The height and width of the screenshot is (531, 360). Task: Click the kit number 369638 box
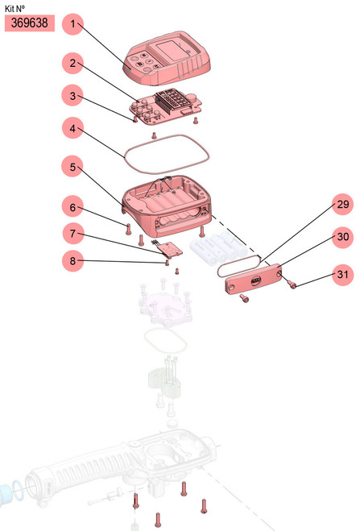coord(30,23)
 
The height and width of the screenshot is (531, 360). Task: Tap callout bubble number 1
coord(72,24)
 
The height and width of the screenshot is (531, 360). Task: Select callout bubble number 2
coord(72,63)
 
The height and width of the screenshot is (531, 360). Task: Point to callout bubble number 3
coord(72,96)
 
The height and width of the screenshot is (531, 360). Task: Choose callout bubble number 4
coord(72,128)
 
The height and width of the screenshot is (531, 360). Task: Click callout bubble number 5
coord(72,167)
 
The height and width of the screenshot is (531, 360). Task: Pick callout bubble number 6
coord(72,206)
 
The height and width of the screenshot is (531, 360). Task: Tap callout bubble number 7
coord(72,234)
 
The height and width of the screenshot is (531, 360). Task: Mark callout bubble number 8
coord(72,261)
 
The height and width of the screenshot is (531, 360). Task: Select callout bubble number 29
coord(342,204)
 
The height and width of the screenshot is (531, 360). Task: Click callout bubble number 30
coord(342,237)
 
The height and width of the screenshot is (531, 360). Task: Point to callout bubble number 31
coord(342,274)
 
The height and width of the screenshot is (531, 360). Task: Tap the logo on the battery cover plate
coord(256,280)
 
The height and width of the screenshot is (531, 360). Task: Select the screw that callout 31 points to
coord(292,284)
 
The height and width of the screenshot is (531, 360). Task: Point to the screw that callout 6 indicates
coord(128,229)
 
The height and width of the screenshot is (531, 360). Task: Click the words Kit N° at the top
coord(14,8)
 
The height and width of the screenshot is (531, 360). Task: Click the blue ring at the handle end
coord(16,491)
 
